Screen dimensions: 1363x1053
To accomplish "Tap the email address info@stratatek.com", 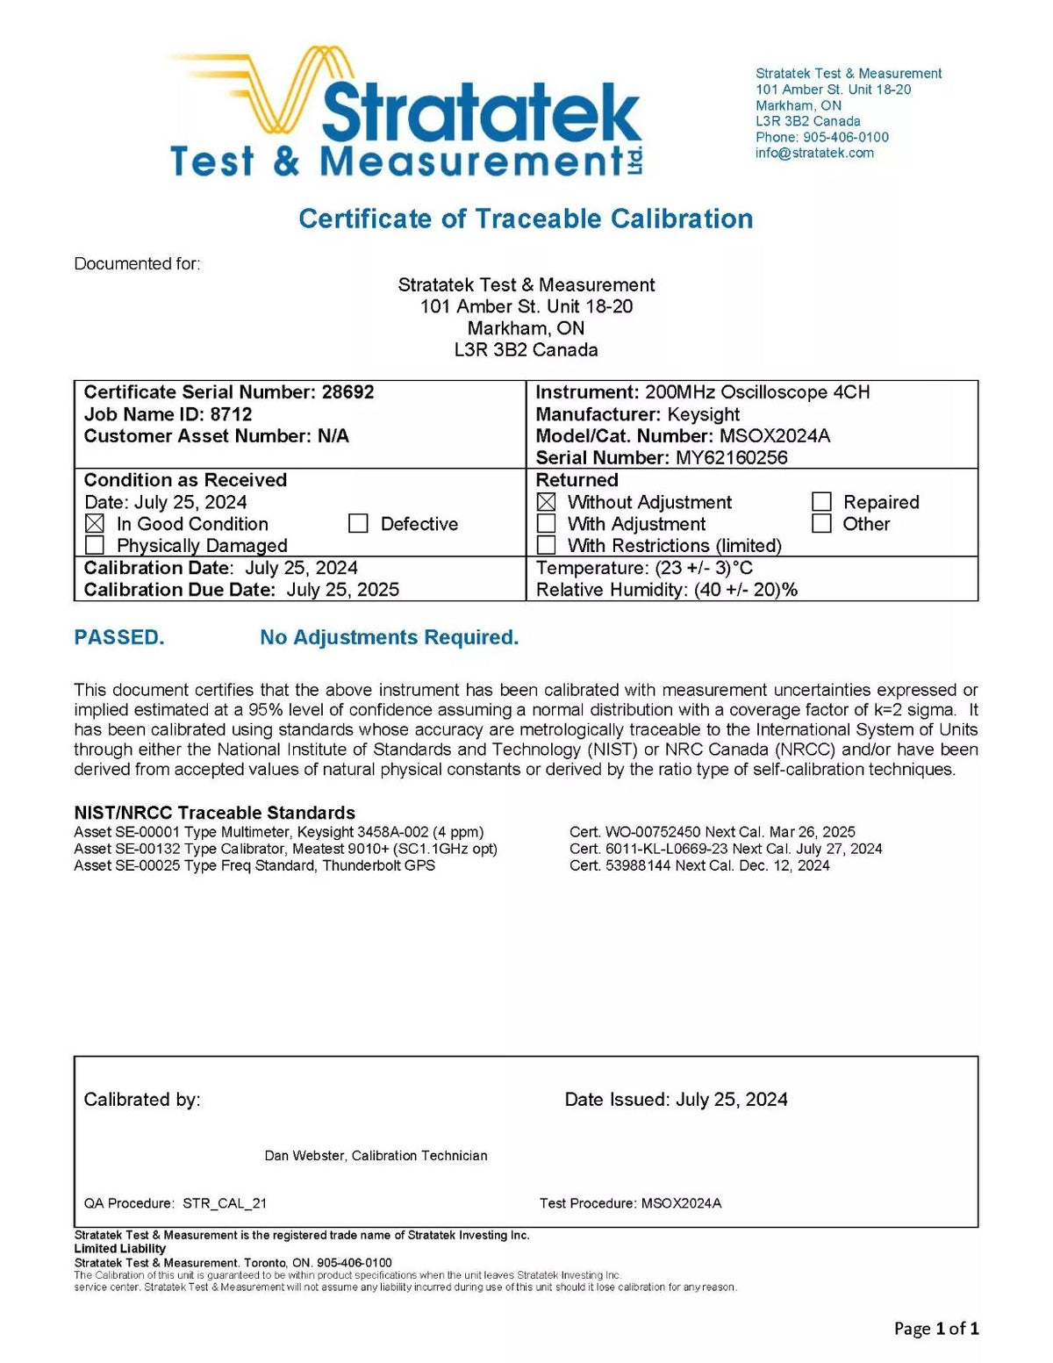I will click(x=814, y=153).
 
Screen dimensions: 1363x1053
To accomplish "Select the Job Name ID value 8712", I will click(x=231, y=414).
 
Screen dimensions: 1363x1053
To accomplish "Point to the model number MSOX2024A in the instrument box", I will click(x=775, y=436).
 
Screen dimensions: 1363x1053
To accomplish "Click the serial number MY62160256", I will click(x=731, y=457).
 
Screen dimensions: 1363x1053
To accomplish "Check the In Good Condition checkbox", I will click(x=95, y=524).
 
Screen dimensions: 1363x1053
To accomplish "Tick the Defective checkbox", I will click(x=358, y=524).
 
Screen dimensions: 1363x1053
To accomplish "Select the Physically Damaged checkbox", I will click(x=95, y=546).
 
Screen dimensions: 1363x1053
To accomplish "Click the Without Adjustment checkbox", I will click(x=546, y=502).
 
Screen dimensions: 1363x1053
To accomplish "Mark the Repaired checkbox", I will click(x=821, y=502).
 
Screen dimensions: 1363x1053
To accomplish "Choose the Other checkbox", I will click(x=821, y=524).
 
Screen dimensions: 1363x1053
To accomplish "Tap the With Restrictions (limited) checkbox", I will click(x=546, y=546).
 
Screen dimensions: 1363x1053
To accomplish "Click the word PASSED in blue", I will click(x=119, y=638).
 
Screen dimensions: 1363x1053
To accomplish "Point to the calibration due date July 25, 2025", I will click(x=342, y=590).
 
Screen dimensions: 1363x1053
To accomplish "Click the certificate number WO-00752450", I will click(x=653, y=832).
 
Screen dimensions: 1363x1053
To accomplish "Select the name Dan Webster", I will click(x=304, y=1156).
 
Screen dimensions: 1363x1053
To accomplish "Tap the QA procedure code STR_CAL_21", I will click(x=225, y=1203).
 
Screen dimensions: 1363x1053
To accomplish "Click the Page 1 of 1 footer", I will click(x=936, y=1329).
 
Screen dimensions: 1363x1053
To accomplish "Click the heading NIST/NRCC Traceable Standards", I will click(x=214, y=813).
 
